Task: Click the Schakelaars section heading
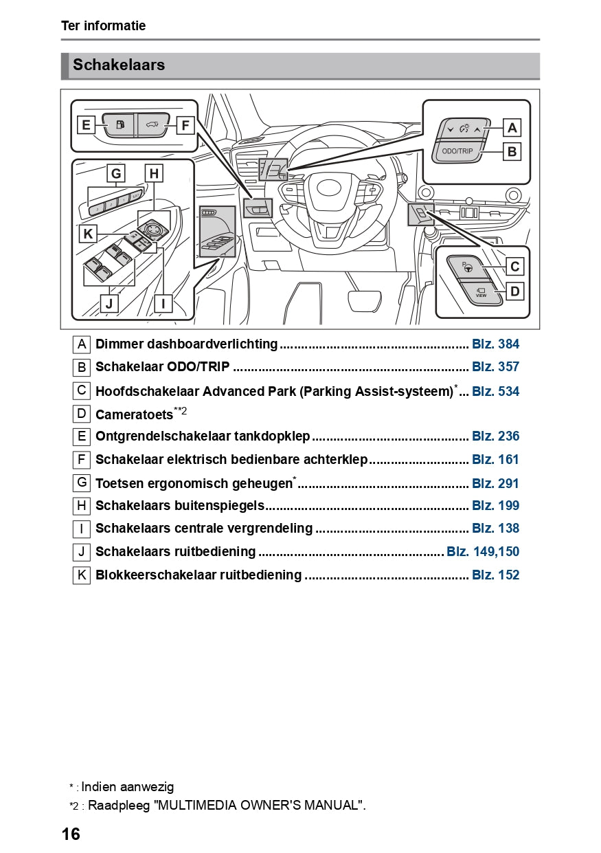[x=119, y=65]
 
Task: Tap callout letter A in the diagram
[x=512, y=127]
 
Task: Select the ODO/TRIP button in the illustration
[x=457, y=151]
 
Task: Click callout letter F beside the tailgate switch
[x=184, y=125]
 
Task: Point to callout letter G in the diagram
[x=116, y=174]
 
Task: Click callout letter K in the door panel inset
[x=88, y=234]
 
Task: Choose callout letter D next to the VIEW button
[x=514, y=291]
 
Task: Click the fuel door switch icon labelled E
[x=120, y=124]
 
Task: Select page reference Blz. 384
[x=495, y=344]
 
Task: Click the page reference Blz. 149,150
[x=483, y=551]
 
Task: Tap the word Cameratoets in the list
[x=134, y=414]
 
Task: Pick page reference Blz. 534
[x=495, y=391]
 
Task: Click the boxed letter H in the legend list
[x=82, y=506]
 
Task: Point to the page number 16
[x=71, y=834]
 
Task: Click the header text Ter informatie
[x=103, y=26]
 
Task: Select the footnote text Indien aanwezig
[x=127, y=787]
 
